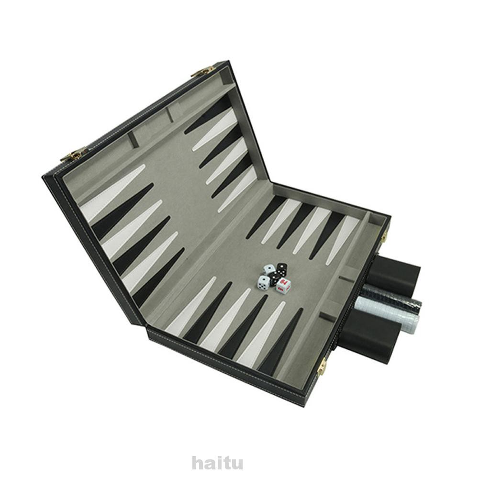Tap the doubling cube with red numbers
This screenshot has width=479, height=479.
coord(283,286)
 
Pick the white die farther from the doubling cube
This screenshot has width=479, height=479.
coord(269,270)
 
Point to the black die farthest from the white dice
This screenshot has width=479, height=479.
coord(282,269)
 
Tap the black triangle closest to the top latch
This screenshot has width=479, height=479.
coord(211,115)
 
